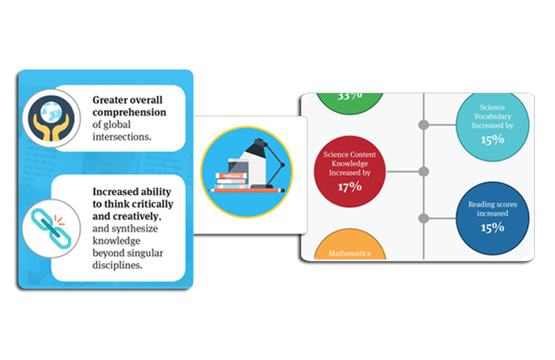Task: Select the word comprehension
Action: coord(129,112)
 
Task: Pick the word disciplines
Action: coord(118,266)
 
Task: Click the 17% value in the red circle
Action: coord(350,187)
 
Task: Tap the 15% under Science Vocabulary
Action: coord(492,139)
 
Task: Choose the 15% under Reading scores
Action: coord(492,227)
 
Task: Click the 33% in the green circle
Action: coord(350,96)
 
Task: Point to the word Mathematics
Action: coord(350,254)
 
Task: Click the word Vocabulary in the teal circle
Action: coord(492,116)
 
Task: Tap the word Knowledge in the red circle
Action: coord(350,163)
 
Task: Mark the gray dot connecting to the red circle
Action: coord(423,172)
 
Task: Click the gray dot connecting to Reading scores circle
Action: coord(423,219)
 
